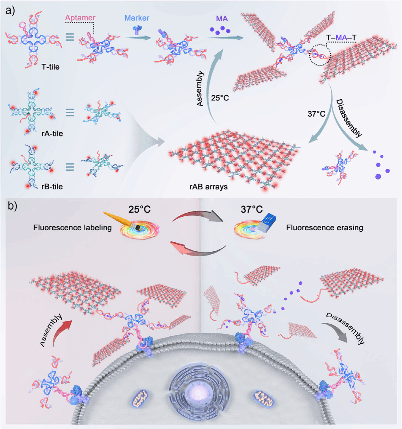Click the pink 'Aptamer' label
point(80,18)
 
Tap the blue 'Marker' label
point(137,18)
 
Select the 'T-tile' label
point(50,67)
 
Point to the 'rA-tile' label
point(52,134)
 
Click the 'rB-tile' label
point(52,187)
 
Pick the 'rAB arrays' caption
point(208,187)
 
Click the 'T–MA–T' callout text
point(341,38)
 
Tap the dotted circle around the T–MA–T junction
point(320,55)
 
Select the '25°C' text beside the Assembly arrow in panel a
point(220,98)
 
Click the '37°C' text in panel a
point(316,114)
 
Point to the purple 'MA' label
point(222,19)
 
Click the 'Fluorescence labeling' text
point(72,228)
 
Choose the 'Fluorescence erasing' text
point(324,228)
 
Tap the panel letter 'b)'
point(12,206)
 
